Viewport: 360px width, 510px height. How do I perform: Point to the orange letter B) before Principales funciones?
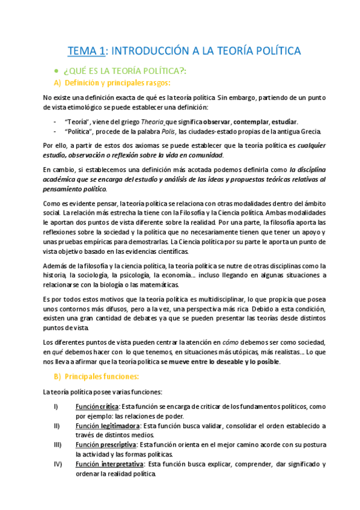pos(58,376)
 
